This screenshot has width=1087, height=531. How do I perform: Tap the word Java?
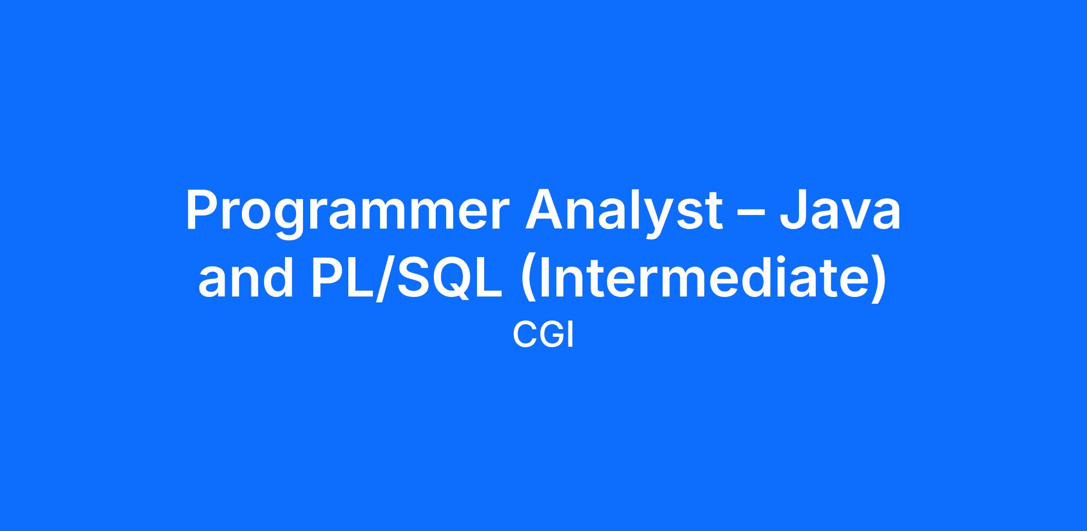tap(840, 211)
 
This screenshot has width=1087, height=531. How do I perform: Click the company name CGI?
tap(543, 336)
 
